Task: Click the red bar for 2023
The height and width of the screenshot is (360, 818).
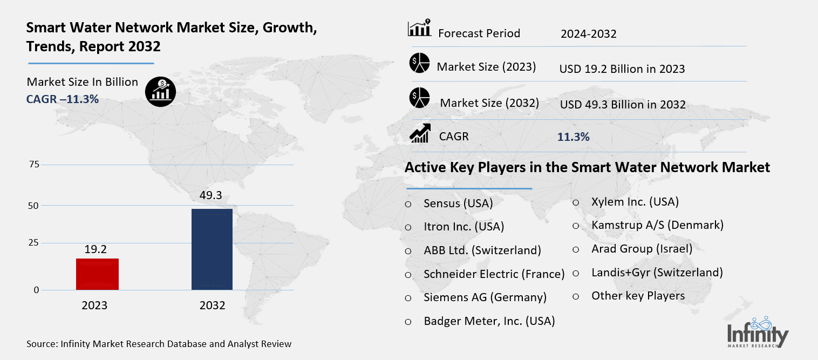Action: point(97,274)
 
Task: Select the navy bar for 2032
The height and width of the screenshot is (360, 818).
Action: point(212,249)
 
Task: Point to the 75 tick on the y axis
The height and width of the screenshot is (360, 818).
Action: point(33,165)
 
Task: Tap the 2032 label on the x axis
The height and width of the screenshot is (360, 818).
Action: point(212,305)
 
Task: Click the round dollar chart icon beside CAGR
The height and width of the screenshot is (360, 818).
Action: point(160,90)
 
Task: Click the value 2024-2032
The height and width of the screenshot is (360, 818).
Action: point(588,34)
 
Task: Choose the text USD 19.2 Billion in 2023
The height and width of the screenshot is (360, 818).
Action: point(622,69)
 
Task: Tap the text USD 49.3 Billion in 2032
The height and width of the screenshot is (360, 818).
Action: point(622,105)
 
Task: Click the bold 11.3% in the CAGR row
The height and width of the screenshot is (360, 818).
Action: point(573,137)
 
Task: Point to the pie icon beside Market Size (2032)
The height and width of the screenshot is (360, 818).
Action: point(419,98)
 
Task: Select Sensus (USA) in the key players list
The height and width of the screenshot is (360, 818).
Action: point(458,203)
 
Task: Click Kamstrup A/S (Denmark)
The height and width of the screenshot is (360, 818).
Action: point(657,225)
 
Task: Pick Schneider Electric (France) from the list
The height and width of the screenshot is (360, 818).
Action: point(494,274)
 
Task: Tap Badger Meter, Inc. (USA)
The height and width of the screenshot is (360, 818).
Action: point(489,321)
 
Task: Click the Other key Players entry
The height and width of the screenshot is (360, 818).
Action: point(638,296)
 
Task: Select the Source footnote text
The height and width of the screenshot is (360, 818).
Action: point(159,344)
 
